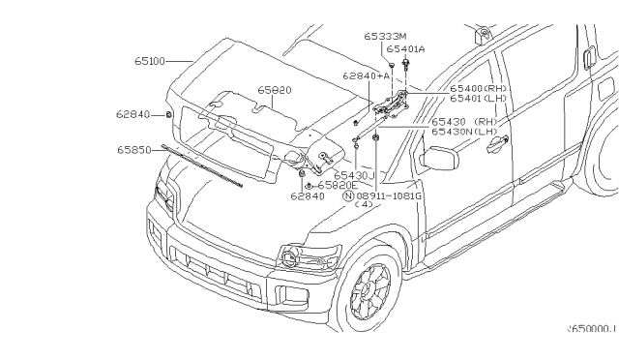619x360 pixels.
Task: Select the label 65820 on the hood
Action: click(x=276, y=89)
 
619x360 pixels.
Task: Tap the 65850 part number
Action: click(x=135, y=150)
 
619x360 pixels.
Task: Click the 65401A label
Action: click(x=405, y=47)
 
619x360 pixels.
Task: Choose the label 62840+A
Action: click(x=366, y=74)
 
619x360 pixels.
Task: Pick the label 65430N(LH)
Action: click(x=464, y=130)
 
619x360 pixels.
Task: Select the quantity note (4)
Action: click(x=366, y=204)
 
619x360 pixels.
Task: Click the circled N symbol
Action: click(x=348, y=195)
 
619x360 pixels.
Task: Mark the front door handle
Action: click(x=498, y=143)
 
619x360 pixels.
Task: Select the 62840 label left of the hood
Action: click(x=133, y=114)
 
